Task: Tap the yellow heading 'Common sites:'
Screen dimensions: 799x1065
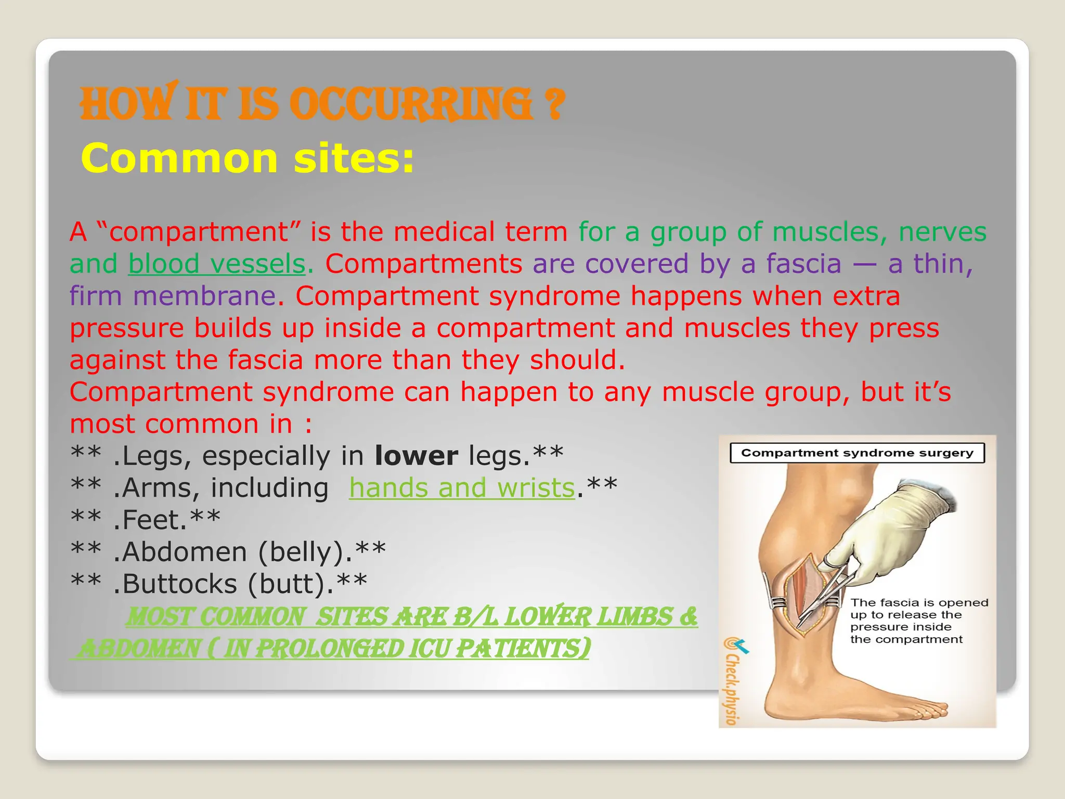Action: (x=248, y=159)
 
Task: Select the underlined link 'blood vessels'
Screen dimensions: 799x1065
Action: (x=216, y=264)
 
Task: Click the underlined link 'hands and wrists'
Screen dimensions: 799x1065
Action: (x=462, y=488)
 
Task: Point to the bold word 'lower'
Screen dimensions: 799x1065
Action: (x=416, y=456)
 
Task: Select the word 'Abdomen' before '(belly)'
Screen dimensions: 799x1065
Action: (x=185, y=552)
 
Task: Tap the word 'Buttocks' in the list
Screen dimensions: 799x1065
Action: (x=179, y=584)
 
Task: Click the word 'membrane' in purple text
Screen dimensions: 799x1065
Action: (x=204, y=297)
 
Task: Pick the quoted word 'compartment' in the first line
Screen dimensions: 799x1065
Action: (x=198, y=232)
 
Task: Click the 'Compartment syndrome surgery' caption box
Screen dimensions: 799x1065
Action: (x=857, y=453)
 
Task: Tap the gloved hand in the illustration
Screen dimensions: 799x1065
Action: (x=894, y=531)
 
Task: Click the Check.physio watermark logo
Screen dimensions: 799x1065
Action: (x=733, y=681)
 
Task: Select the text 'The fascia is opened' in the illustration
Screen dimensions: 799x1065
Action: (x=919, y=603)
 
